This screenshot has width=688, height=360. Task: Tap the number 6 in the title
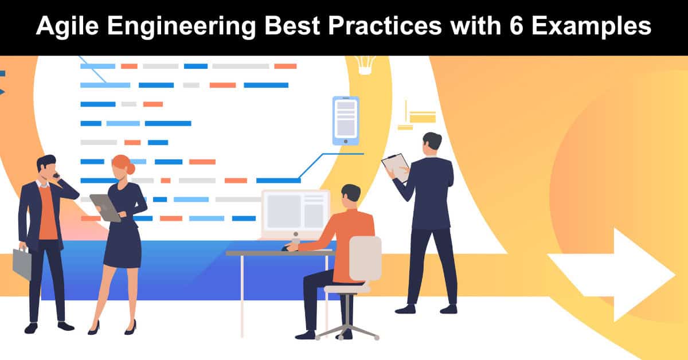pos(517,25)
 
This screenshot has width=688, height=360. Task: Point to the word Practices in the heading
pos(385,25)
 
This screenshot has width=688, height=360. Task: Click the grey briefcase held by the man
pos(22,263)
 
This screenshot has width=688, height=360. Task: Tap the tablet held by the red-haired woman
pos(105,208)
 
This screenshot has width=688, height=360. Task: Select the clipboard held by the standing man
pos(396,167)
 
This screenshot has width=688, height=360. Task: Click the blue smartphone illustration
pos(346,121)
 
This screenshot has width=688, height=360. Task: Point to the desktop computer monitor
pos(295,213)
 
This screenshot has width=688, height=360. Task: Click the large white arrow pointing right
pos(611,275)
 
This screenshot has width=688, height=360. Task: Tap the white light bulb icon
pos(365,65)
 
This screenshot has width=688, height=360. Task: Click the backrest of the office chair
pos(366,259)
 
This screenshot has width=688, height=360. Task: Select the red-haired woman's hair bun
pos(131,169)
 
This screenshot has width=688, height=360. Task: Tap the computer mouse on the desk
pos(287,248)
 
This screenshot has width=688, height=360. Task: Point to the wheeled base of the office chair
pos(347,332)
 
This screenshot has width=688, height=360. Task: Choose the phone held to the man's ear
pos(57,175)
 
